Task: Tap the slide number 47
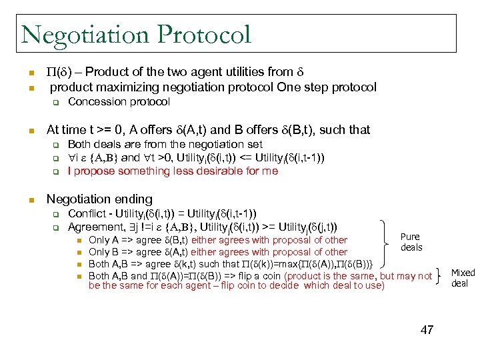(427, 329)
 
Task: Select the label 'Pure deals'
(411, 242)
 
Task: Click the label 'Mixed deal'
(463, 277)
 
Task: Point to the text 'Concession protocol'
(119, 102)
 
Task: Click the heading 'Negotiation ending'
(99, 199)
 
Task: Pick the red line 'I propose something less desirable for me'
(173, 171)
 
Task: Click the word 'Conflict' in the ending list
(87, 214)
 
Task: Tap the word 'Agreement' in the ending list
(95, 227)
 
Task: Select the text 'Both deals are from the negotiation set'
(165, 144)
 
